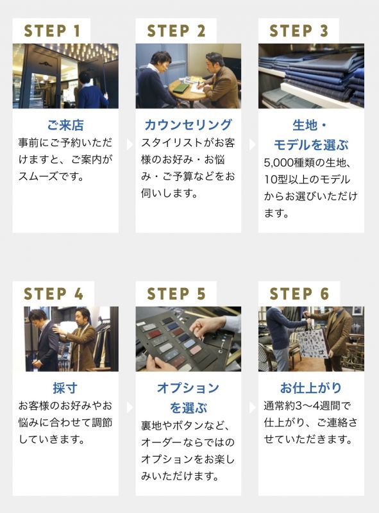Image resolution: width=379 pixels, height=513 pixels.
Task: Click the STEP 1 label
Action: [52, 31]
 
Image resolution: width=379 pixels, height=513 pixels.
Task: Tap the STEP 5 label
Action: [176, 294]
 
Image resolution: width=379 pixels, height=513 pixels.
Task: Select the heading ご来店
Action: [65, 125]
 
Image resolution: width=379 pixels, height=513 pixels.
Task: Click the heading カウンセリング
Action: [188, 125]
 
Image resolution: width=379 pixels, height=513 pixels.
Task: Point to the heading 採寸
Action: [65, 388]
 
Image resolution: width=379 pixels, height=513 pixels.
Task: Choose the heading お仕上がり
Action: [311, 388]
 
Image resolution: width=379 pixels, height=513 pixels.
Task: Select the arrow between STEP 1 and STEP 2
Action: [130, 144]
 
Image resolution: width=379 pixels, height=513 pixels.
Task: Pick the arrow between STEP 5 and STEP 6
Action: [252, 407]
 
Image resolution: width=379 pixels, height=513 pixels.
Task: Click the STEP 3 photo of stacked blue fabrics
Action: [311, 76]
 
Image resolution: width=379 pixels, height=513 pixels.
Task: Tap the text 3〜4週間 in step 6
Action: [323, 406]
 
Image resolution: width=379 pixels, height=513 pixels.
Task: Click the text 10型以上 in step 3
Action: [287, 180]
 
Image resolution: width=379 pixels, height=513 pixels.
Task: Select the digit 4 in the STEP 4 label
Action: [78, 294]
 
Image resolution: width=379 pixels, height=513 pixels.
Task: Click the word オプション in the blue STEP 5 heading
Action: [188, 388]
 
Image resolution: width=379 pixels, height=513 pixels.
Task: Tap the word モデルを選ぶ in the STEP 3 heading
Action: [311, 145]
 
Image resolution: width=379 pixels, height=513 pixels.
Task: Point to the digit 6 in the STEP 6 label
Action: [324, 294]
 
